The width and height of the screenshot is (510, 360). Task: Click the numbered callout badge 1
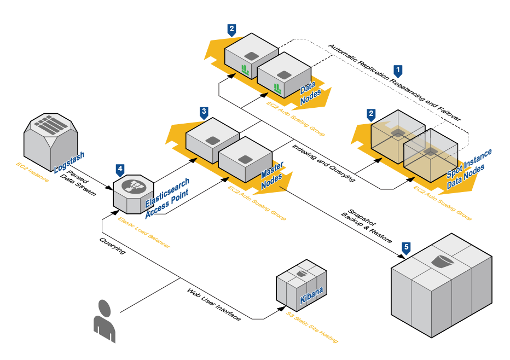[x=398, y=70]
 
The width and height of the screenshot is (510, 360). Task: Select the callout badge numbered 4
[x=120, y=169]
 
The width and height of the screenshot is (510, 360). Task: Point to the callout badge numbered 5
[x=405, y=247]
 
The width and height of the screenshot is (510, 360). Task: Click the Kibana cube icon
[x=301, y=287]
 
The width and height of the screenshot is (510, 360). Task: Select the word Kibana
[x=311, y=296]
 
